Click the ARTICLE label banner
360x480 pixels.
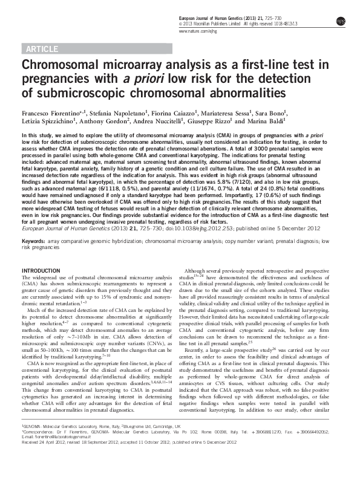pyautogui.click(x=41, y=48)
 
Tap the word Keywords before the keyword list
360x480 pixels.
pyautogui.click(x=33, y=241)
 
